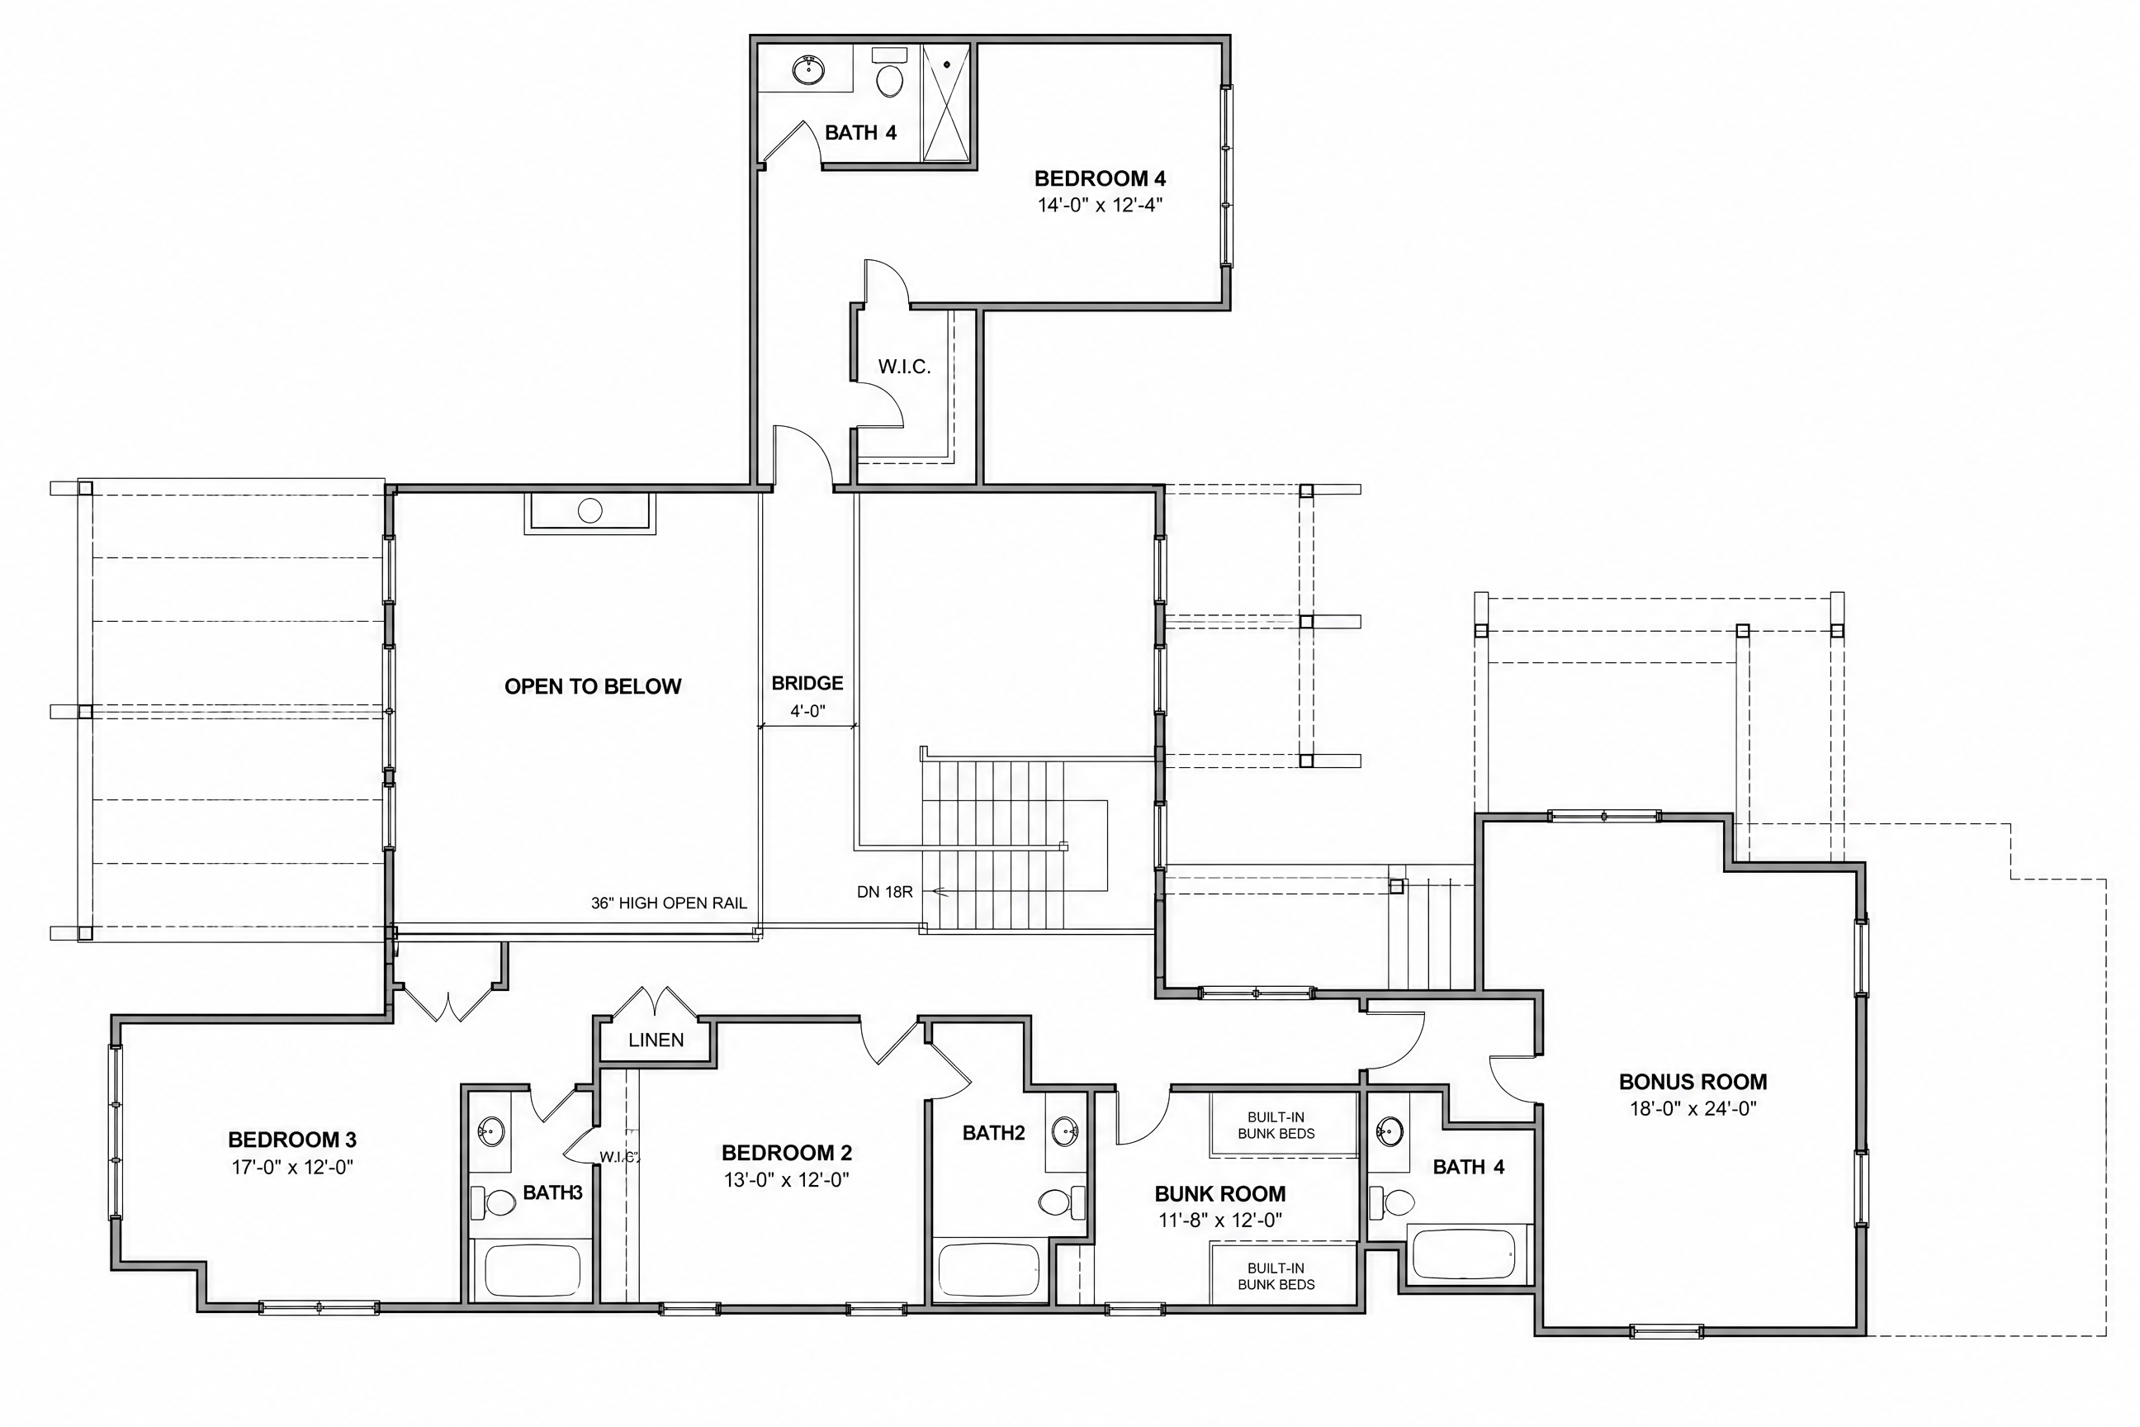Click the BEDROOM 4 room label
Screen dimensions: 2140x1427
tap(1100, 178)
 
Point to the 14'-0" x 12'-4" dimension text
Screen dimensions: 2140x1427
tap(1100, 205)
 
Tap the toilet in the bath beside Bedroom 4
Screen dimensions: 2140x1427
tap(889, 72)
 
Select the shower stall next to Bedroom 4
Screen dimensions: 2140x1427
tap(946, 103)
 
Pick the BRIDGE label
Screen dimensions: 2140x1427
tap(807, 683)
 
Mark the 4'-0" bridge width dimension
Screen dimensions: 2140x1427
tap(807, 711)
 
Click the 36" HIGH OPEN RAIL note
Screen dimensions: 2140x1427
tap(669, 903)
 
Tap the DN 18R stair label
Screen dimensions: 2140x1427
tap(884, 892)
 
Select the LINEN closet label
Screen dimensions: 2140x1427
tap(656, 1040)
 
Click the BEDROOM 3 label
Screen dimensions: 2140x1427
tap(292, 1140)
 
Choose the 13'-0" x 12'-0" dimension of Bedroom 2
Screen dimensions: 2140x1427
tap(786, 1179)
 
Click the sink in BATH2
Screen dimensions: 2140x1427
tap(1065, 1132)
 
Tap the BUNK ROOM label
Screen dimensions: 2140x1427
tap(1220, 1194)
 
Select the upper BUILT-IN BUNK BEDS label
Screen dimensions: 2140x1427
tap(1276, 1125)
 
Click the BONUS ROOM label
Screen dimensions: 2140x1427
tap(1693, 1082)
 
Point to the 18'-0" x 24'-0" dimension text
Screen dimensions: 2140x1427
tap(1693, 1108)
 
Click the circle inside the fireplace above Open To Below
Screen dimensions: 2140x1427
tap(590, 510)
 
